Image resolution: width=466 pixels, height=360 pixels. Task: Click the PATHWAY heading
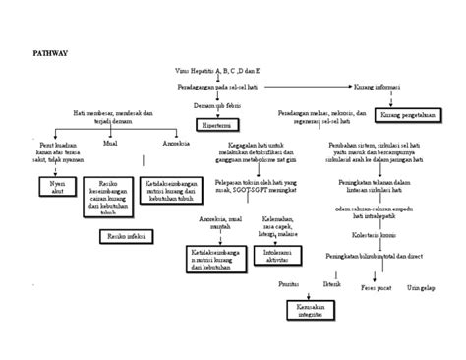click(49, 50)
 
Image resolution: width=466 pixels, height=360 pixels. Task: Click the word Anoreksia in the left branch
click(163, 144)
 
